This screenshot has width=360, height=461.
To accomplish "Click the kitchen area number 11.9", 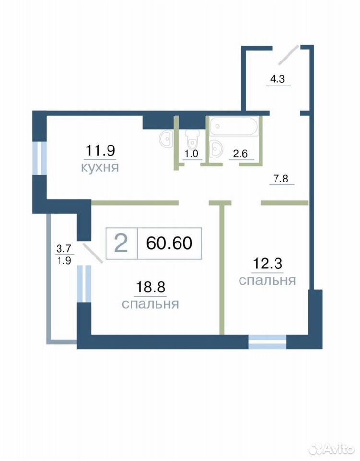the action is [x=100, y=150].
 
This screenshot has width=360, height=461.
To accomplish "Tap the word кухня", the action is [x=100, y=167].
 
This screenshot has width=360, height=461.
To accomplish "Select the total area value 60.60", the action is [x=169, y=243].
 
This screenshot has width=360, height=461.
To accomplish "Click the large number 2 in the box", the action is [x=121, y=243].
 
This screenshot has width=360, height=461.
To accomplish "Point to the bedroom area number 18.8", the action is [x=150, y=287].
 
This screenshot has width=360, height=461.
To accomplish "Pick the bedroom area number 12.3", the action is [x=267, y=264].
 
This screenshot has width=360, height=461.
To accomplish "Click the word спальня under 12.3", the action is [x=267, y=280].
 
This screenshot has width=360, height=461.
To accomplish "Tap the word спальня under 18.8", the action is [x=150, y=304].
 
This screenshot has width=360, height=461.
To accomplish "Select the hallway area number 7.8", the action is [x=281, y=179].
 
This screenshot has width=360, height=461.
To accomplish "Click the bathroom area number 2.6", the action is [x=240, y=153].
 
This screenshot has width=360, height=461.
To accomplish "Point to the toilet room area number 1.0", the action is [x=192, y=154].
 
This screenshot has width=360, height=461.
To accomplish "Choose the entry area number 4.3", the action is [x=277, y=79].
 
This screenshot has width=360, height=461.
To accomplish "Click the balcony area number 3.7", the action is [x=64, y=249].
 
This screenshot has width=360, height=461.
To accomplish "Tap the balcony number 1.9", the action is [x=64, y=260].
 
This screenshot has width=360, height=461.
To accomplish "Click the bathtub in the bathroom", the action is [x=234, y=126].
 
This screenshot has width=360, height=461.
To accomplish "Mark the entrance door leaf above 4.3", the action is [x=288, y=55].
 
